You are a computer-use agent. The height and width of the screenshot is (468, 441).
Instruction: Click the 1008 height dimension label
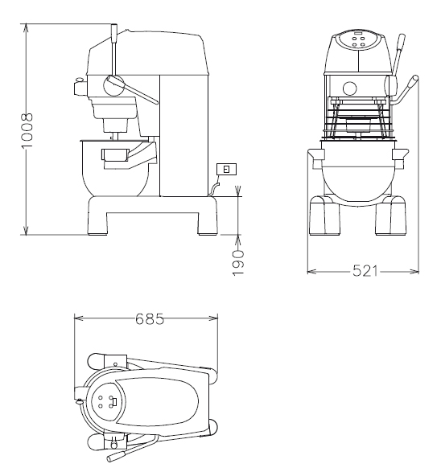(x=27, y=130)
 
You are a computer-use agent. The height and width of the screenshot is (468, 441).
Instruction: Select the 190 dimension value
(x=238, y=263)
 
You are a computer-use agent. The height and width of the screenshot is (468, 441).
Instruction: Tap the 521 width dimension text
(x=365, y=271)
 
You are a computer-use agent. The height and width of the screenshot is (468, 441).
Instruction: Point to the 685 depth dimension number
(x=150, y=318)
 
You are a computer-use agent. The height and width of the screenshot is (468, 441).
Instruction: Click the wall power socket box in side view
(x=226, y=169)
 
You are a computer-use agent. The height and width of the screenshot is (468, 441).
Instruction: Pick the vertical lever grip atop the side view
(x=114, y=34)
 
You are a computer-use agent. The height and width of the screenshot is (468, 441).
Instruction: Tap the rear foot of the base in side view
(x=208, y=224)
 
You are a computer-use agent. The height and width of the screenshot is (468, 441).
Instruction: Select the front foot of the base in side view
(x=97, y=224)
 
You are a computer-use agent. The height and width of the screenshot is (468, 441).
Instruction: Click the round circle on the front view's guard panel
(x=349, y=88)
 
